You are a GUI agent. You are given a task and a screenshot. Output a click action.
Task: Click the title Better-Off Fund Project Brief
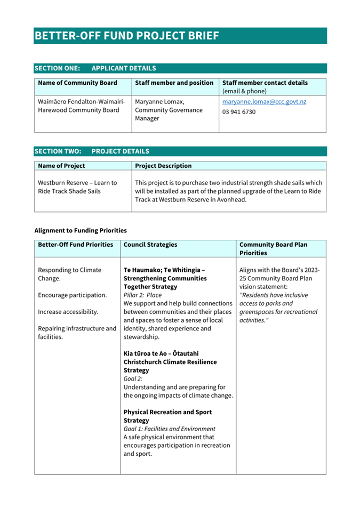127,36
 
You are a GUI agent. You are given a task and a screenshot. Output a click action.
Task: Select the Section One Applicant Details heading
95,68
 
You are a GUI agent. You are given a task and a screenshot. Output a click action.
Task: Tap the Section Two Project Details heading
92,151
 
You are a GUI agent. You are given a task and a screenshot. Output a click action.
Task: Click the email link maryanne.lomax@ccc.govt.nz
264,101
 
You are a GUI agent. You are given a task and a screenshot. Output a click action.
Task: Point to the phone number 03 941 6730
238,112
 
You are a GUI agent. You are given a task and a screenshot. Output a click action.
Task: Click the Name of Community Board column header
77,83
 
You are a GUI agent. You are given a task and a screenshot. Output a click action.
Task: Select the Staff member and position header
174,83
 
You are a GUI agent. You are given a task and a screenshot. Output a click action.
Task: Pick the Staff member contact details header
265,83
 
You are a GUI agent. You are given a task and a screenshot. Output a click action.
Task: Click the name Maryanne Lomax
159,101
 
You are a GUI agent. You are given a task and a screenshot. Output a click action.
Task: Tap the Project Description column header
163,166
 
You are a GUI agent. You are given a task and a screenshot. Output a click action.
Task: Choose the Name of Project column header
61,166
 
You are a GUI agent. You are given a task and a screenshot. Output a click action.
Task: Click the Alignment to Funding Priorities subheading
81,231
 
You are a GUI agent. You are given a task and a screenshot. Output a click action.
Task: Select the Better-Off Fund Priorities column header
75,245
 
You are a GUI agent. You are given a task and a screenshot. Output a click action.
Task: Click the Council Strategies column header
150,245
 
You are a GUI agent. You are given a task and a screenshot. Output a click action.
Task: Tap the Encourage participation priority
72,295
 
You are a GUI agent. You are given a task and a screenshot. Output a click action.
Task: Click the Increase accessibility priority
68,311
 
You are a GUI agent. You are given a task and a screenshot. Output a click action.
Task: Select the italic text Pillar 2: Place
142,295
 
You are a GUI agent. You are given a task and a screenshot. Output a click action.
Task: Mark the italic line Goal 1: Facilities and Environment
169,429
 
